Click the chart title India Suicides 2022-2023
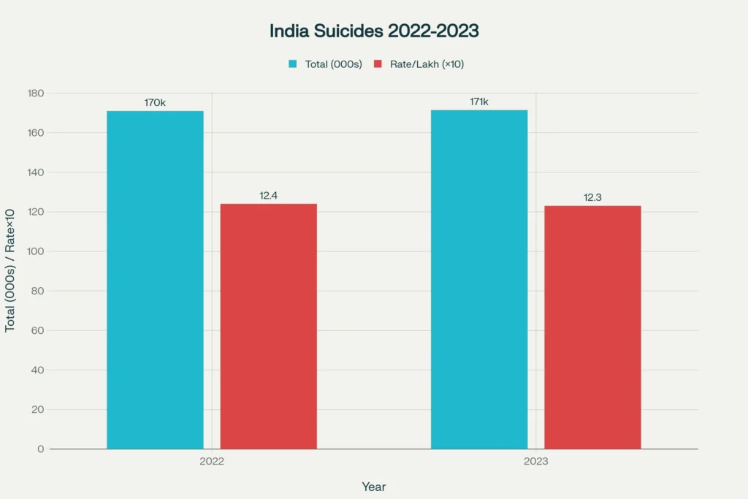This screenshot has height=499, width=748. click(x=374, y=31)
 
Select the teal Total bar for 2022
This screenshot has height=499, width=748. click(x=155, y=280)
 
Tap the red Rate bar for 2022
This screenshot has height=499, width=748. click(x=269, y=326)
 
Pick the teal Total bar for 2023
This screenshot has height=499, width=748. click(x=479, y=279)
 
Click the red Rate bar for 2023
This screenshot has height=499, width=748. click(x=592, y=327)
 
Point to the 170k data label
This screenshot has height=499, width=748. click(x=155, y=103)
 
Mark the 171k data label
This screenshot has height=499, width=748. click(x=479, y=102)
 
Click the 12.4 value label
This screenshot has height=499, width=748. click(x=269, y=196)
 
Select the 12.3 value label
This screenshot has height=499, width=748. click(x=592, y=198)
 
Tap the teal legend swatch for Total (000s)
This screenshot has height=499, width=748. click(x=293, y=64)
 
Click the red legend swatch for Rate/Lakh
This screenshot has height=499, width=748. click(x=378, y=64)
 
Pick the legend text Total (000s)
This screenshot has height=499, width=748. click(x=334, y=64)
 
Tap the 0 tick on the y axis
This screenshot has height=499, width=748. click(x=41, y=449)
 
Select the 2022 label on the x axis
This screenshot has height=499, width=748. click(x=212, y=462)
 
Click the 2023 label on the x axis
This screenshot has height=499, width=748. click(x=535, y=462)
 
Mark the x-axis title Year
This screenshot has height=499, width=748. click(x=374, y=487)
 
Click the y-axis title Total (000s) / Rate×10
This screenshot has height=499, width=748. click(x=10, y=270)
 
